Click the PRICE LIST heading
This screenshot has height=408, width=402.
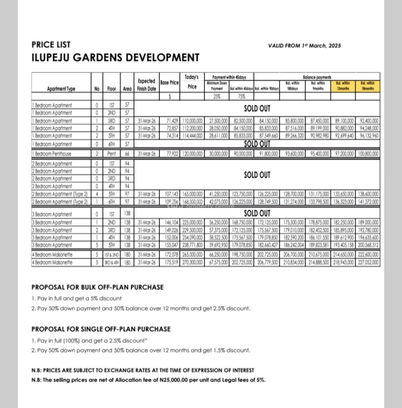(51, 45)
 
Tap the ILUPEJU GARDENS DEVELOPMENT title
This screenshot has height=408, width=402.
(115, 57)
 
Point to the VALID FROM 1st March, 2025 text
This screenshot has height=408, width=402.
(304, 46)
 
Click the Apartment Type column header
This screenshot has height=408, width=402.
(61, 89)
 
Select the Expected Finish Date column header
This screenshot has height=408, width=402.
(146, 85)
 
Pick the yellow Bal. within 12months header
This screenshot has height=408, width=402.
(343, 86)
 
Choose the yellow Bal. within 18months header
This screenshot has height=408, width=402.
(367, 86)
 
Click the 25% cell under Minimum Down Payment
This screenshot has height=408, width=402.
(216, 96)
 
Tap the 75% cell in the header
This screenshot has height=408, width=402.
(241, 96)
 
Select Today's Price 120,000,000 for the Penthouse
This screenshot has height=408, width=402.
(192, 154)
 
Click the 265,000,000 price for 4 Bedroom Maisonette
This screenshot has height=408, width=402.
(192, 255)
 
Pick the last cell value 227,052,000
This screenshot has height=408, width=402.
(368, 262)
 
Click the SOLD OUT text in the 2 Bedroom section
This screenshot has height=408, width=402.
(257, 175)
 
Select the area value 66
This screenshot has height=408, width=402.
(127, 154)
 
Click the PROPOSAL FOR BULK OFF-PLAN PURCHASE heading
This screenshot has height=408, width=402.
(98, 287)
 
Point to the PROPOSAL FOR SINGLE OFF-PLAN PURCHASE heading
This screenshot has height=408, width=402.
(101, 329)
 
